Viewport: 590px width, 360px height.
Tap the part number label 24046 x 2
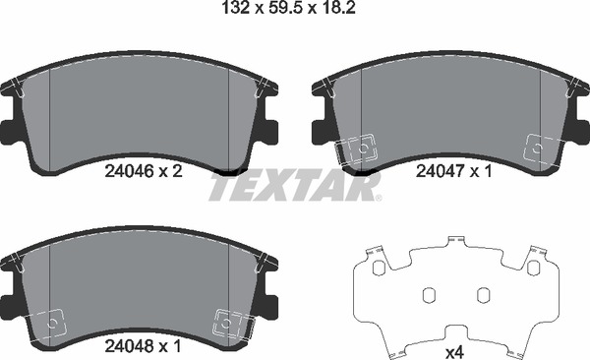click(143, 169)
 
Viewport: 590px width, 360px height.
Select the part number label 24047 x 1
click(453, 169)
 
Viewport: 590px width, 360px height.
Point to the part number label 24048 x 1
click(143, 346)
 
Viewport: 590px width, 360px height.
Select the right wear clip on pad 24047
click(539, 148)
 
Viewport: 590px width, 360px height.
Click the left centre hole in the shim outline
click(428, 294)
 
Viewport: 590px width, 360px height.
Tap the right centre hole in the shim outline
click(483, 294)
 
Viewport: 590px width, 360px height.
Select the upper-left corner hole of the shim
click(378, 268)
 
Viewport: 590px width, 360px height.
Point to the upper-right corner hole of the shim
click(533, 268)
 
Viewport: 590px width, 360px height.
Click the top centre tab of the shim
click(455, 242)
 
